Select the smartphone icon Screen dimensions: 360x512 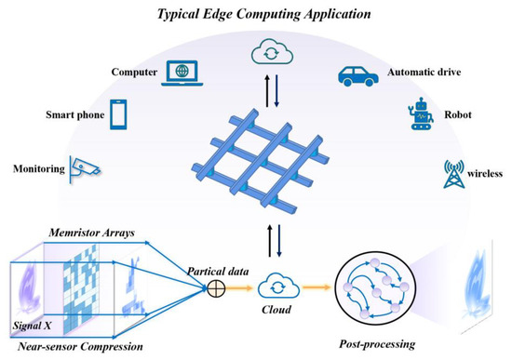coord(119,114)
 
